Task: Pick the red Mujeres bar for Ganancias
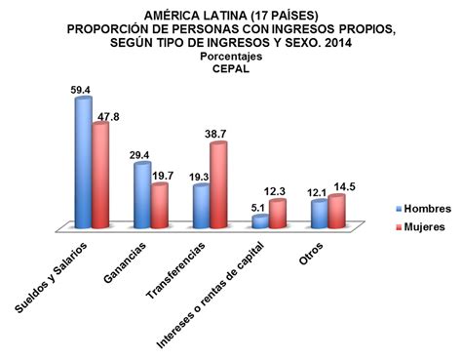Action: point(160,206)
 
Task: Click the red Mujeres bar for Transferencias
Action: point(217,185)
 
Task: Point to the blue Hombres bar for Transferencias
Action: point(201,206)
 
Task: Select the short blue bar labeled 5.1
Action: point(259,221)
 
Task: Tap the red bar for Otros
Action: point(335,212)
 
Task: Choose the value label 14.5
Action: point(343,184)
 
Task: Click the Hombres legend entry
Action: point(423,209)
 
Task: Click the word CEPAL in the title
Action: point(230,68)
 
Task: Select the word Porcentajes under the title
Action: point(231,56)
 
